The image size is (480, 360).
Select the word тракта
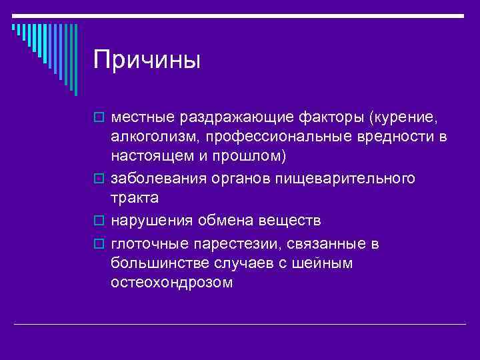(135, 198)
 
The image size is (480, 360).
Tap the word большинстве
(159, 263)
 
